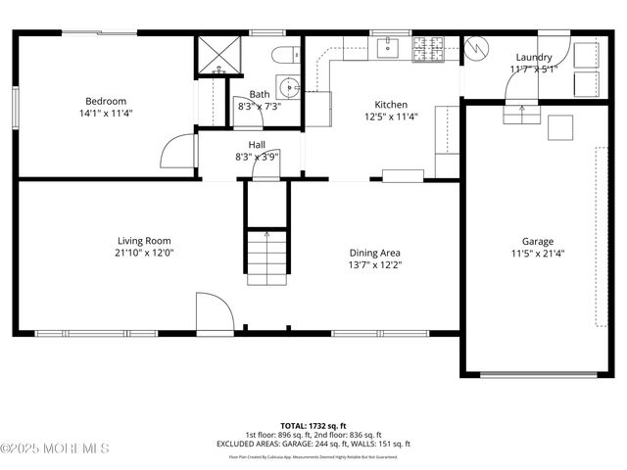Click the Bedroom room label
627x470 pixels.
(105, 101)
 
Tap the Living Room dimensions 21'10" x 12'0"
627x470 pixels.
(145, 253)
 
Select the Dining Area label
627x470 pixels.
(374, 253)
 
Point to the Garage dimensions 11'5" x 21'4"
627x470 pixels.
(537, 254)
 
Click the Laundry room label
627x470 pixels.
(534, 58)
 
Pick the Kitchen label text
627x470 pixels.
(391, 105)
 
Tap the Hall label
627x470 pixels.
(257, 145)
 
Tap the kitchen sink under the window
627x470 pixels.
(389, 45)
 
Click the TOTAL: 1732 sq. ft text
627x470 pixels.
(313, 426)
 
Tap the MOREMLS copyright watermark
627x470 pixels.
(55, 448)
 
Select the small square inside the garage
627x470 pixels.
(560, 128)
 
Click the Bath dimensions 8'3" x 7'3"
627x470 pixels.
(259, 106)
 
